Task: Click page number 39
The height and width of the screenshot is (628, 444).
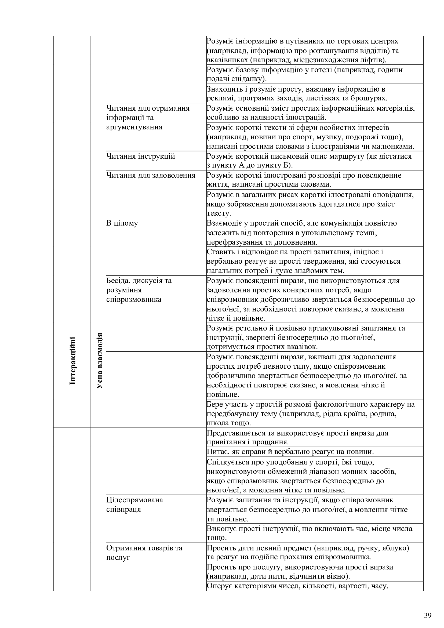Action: point(428,608)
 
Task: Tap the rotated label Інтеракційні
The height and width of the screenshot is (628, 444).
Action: point(73,361)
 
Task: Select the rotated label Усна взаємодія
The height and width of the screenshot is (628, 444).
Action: point(100,361)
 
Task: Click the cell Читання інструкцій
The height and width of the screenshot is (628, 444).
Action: point(140,157)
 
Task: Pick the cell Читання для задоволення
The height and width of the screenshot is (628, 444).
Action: point(151,175)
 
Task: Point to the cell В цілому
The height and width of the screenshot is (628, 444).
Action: point(122,223)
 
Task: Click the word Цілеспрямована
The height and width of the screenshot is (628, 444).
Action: point(134,500)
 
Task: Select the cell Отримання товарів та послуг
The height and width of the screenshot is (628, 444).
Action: point(144,553)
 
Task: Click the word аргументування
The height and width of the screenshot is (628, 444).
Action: point(134,127)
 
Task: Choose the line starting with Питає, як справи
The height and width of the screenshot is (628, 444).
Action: point(290,452)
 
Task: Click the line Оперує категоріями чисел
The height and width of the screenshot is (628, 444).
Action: point(297,586)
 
